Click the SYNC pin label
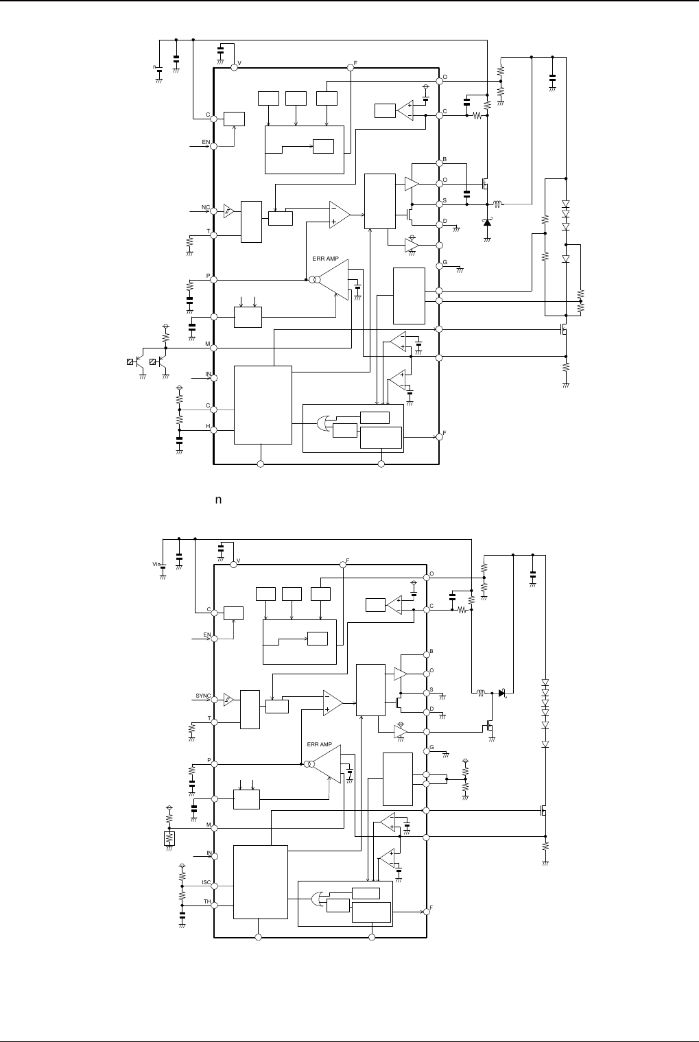[x=203, y=696]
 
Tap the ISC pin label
[x=206, y=882]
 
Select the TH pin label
[x=206, y=902]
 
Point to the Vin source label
[x=156, y=564]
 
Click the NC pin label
[x=205, y=206]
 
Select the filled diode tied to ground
[x=487, y=222]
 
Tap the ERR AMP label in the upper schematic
[x=326, y=259]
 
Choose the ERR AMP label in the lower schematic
[x=320, y=744]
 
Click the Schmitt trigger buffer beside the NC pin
[x=229, y=211]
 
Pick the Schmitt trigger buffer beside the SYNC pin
[x=228, y=700]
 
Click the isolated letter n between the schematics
[x=218, y=500]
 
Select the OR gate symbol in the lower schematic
[x=318, y=899]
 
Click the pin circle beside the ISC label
[x=214, y=886]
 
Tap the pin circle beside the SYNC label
[x=214, y=700]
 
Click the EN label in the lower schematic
[x=206, y=635]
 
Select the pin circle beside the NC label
[x=214, y=211]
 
